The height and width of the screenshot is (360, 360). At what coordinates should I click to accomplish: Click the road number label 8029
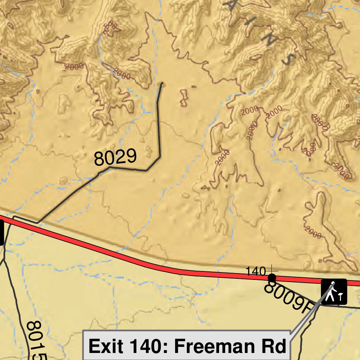tap(115, 157)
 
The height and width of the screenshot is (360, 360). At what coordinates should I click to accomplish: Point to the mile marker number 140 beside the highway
tap(256, 271)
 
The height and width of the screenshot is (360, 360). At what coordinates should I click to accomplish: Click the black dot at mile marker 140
tap(272, 278)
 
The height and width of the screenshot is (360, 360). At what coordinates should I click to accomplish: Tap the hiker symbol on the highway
tap(334, 291)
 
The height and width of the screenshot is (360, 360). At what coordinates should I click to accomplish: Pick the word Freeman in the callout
tap(215, 346)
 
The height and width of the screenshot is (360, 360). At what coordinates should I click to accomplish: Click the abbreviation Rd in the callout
tap(275, 346)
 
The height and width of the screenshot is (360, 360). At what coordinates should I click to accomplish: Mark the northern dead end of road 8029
tap(162, 83)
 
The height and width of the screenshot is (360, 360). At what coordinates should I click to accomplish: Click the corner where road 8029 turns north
tap(160, 156)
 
